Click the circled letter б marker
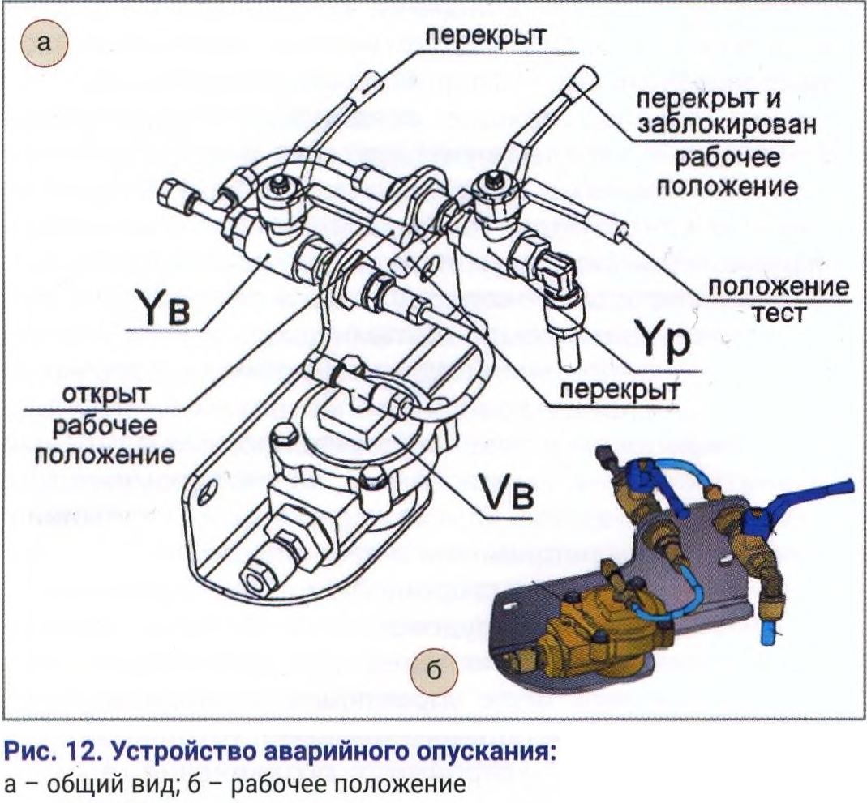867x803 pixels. (x=434, y=671)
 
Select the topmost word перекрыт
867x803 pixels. (x=485, y=35)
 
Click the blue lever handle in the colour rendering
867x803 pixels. (x=819, y=495)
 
